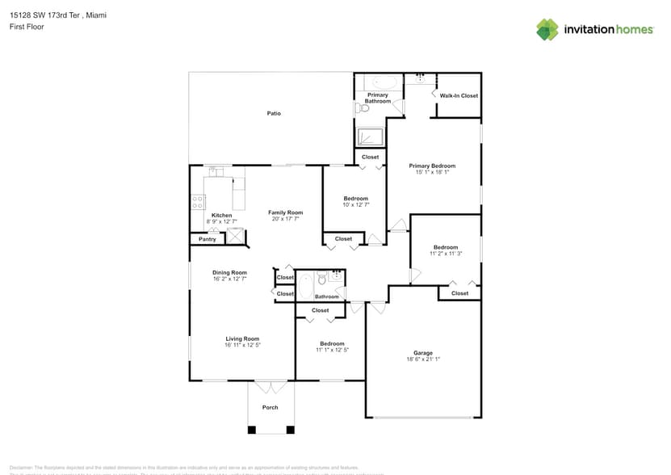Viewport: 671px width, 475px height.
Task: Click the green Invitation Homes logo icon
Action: pos(547,29)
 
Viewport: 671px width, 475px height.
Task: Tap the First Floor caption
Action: pos(27,27)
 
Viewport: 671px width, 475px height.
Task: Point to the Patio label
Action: pos(274,113)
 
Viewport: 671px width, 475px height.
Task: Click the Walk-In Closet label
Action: pos(459,95)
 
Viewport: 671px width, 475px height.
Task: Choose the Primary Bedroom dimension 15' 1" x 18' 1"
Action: pos(432,172)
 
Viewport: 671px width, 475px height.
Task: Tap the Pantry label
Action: pos(207,239)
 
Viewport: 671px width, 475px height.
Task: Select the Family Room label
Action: pos(286,212)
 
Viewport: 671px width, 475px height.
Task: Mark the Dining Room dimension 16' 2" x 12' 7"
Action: pos(230,279)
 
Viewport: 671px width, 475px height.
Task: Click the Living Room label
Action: pos(242,338)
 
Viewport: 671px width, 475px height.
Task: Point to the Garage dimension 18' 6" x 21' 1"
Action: pos(423,359)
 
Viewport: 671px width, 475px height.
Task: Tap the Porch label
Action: pos(270,407)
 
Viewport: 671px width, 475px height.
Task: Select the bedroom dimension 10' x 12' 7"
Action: pos(356,205)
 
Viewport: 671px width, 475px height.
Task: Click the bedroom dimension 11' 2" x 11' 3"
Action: pos(446,254)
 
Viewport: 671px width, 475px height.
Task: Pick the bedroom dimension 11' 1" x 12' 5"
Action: pos(332,350)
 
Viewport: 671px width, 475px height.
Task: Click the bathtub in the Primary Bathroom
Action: pos(384,82)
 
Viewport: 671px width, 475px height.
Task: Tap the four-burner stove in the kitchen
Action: pos(197,202)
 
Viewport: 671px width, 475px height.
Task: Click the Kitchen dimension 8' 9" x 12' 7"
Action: pos(221,221)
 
